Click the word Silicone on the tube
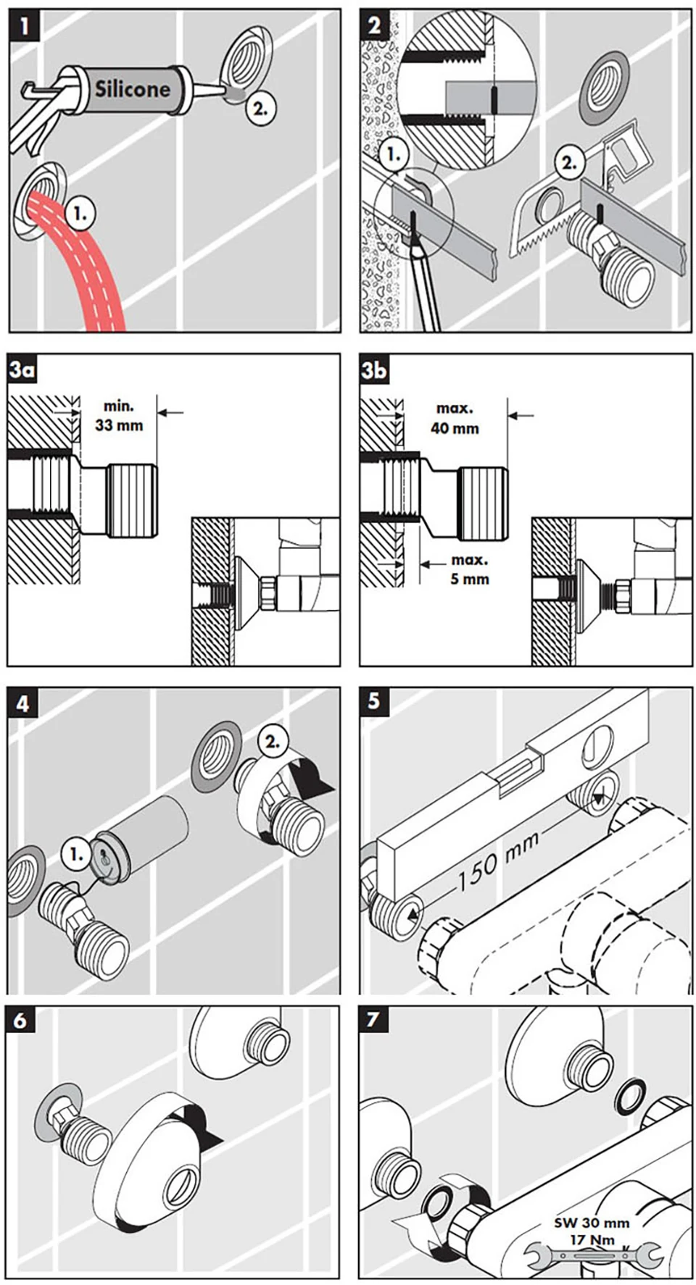(133, 89)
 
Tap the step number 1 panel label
(23, 27)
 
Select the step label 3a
(22, 370)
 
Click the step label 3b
(374, 370)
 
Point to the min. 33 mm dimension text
(119, 416)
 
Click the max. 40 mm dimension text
(455, 419)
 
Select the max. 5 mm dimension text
(469, 569)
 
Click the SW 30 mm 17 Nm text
(592, 1231)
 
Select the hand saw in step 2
(551, 217)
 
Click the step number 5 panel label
(374, 702)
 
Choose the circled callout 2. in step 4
(273, 742)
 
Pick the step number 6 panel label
(22, 1021)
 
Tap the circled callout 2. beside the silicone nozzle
(260, 109)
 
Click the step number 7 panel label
(374, 1020)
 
